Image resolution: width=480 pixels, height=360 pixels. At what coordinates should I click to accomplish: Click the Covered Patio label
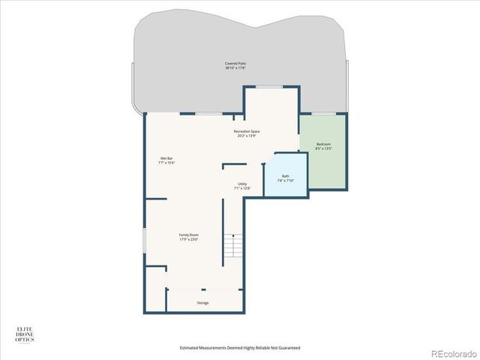[235, 63]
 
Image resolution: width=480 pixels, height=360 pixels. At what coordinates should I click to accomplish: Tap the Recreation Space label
[247, 131]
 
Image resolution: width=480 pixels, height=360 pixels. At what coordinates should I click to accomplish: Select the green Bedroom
[323, 161]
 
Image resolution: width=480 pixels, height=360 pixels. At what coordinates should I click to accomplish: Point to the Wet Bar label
[166, 158]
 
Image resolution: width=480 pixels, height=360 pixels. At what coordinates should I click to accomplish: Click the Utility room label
[242, 184]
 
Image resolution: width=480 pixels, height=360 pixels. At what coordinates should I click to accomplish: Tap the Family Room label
[188, 235]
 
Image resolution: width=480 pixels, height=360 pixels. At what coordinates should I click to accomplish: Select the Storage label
[202, 303]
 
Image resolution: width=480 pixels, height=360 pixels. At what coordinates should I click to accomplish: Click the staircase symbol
[235, 246]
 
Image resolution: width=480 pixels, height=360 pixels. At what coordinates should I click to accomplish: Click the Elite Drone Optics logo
[25, 334]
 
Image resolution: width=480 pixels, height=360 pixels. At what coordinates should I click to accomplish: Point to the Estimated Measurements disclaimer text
[240, 347]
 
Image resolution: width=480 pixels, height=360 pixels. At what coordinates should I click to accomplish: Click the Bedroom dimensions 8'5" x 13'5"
[323, 148]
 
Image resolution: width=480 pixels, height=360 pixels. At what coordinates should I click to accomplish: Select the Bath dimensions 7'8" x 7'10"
[286, 181]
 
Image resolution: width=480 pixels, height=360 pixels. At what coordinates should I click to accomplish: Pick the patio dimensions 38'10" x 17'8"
[235, 68]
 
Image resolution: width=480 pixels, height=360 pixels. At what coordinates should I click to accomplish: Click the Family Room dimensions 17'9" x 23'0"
[188, 239]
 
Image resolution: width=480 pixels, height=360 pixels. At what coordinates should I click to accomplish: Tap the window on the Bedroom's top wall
[323, 113]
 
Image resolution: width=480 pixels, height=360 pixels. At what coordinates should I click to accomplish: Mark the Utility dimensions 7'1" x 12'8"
[242, 188]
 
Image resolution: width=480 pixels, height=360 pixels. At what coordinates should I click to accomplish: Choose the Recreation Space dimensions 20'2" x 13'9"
[247, 136]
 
